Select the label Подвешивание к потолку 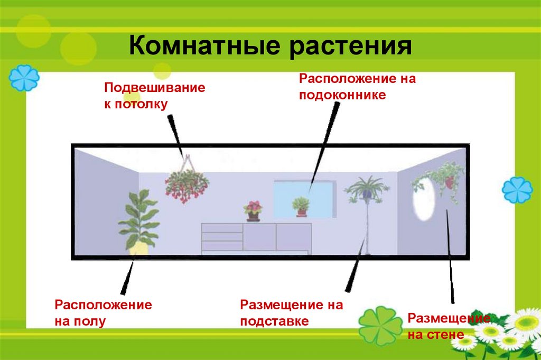point(154,96)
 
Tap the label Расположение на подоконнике point(358,87)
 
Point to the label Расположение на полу point(103,312)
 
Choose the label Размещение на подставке point(291,312)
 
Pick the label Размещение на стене point(449,326)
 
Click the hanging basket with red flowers point(186,184)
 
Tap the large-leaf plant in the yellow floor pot point(138,219)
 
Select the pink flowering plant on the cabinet point(254,209)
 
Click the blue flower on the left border point(24,78)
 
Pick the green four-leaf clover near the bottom point(380,326)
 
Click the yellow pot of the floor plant point(138,248)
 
